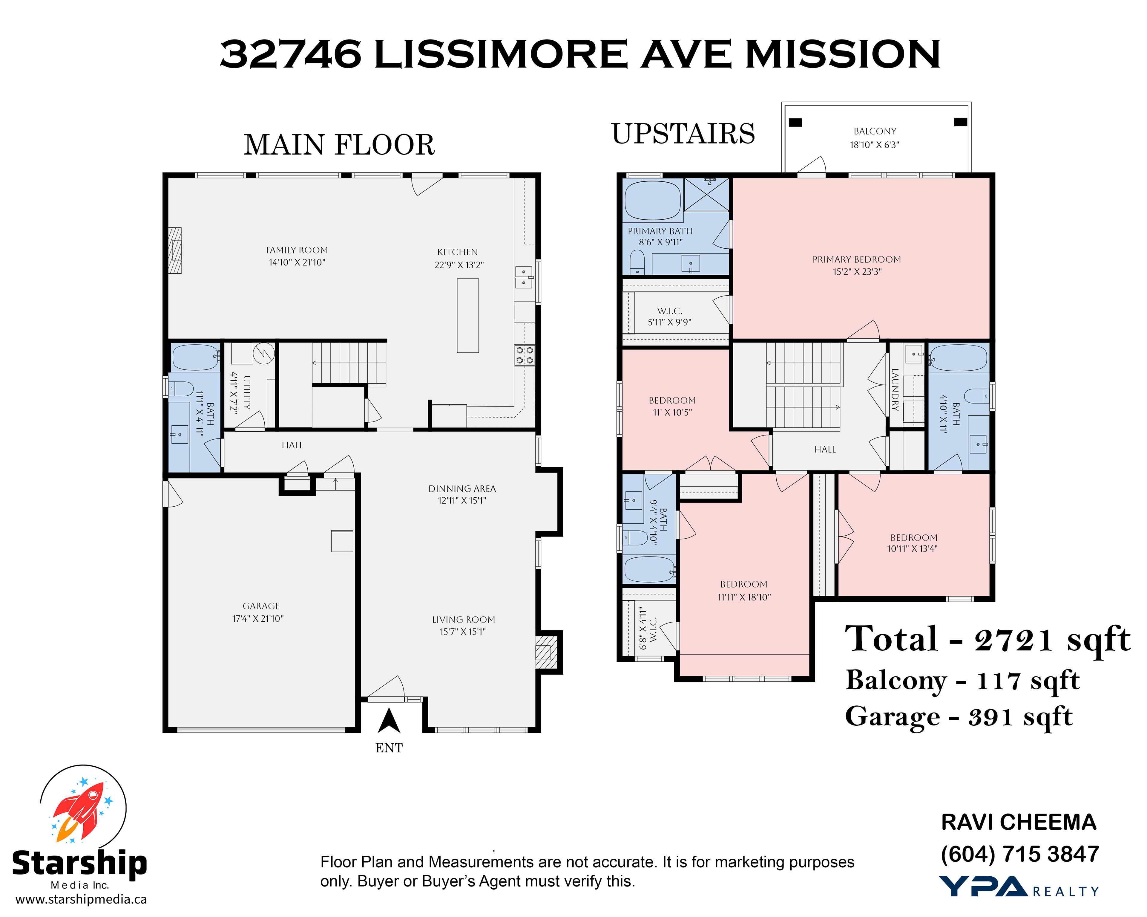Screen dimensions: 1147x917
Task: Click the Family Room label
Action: coord(297,250)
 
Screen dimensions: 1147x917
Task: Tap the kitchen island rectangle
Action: coord(468,316)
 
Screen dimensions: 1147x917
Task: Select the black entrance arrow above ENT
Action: coord(389,721)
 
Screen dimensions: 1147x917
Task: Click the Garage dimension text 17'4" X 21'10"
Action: coord(258,618)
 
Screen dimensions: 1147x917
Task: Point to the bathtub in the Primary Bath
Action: coord(653,200)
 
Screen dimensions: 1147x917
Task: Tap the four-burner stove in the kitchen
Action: coord(525,355)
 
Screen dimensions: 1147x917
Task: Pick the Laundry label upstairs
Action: coord(895,389)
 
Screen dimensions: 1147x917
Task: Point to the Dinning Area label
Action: coord(462,489)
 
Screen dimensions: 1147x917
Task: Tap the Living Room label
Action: coord(463,620)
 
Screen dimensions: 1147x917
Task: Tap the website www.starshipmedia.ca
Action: coord(81,899)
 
